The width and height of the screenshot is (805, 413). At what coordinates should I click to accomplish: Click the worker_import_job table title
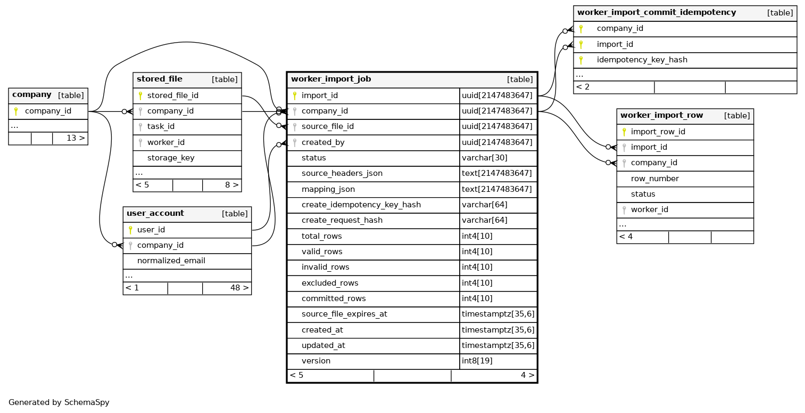pos(330,79)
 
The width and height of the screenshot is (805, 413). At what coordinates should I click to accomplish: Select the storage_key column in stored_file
pos(171,158)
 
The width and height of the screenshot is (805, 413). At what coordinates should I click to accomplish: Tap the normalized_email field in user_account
pos(171,261)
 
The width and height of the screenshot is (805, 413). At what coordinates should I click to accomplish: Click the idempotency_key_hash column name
pos(642,60)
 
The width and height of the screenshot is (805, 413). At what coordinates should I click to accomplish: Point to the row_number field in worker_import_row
pos(655,179)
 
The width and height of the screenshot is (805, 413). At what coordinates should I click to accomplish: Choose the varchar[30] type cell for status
pos(485,158)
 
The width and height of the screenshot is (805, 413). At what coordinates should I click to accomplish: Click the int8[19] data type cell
pos(477,361)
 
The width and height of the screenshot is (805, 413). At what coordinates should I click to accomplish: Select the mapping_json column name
pos(328,189)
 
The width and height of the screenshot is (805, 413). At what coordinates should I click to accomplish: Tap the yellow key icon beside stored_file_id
pos(140,96)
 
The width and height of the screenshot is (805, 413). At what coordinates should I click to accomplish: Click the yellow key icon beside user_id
pos(130,230)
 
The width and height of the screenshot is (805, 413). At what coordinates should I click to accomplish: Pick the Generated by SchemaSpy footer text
pos(59,402)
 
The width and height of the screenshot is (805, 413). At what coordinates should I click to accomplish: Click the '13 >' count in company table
pos(76,138)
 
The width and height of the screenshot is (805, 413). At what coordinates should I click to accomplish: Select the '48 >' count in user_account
pos(239,288)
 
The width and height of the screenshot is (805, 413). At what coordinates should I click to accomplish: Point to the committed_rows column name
pos(334,298)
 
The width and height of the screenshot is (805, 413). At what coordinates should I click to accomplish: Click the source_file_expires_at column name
pos(344,314)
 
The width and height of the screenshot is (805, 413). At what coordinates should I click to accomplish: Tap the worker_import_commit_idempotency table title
pos(657,12)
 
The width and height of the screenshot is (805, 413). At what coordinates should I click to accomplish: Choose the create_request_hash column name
pos(342,221)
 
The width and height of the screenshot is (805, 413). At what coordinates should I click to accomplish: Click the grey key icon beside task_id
pos(140,127)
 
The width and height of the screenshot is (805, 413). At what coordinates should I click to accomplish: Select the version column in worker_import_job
pos(316,361)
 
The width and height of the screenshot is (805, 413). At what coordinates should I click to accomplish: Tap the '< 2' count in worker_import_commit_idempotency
pos(583,87)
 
